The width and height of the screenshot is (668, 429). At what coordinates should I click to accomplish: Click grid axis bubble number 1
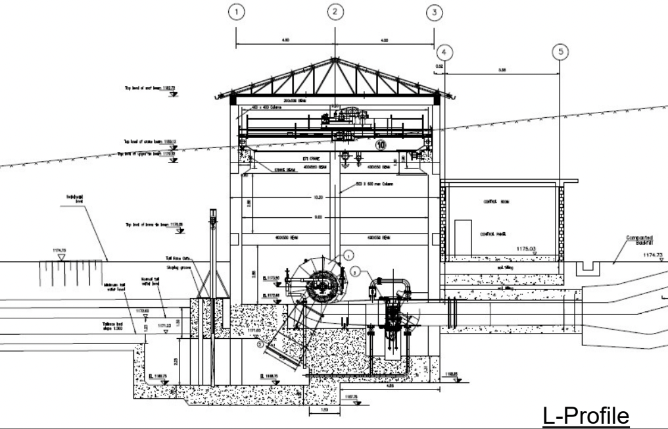click(235, 11)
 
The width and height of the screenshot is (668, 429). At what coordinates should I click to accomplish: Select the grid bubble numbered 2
click(335, 11)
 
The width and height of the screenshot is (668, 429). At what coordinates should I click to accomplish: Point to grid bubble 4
click(445, 51)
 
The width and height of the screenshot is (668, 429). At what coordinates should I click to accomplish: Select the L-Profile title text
click(586, 416)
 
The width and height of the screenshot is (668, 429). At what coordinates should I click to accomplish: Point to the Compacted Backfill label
click(640, 241)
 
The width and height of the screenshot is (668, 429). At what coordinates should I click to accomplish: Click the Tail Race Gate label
click(178, 259)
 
